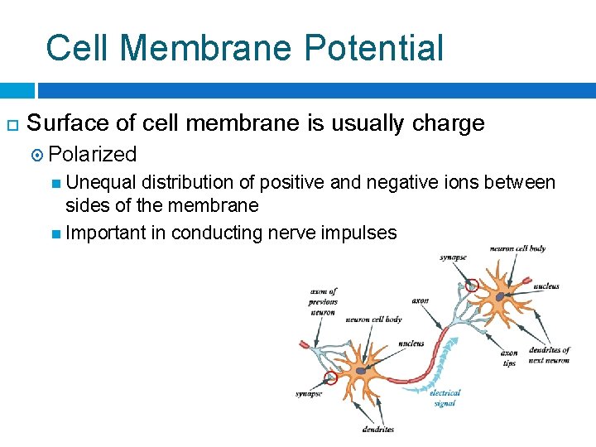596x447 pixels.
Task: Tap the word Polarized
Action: point(93,154)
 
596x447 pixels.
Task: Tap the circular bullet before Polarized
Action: point(40,155)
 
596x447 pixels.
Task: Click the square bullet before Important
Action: point(55,233)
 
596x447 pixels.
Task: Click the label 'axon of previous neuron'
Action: point(323,302)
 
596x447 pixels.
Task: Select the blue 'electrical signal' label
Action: point(445,398)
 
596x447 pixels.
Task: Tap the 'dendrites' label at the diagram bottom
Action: point(377,429)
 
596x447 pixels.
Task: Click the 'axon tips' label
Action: point(509,358)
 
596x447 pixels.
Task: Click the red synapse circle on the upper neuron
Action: point(472,286)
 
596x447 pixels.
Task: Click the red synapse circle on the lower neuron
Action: point(330,377)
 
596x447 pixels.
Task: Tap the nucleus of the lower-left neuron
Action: point(361,370)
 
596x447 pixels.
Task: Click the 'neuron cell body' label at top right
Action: point(517,248)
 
